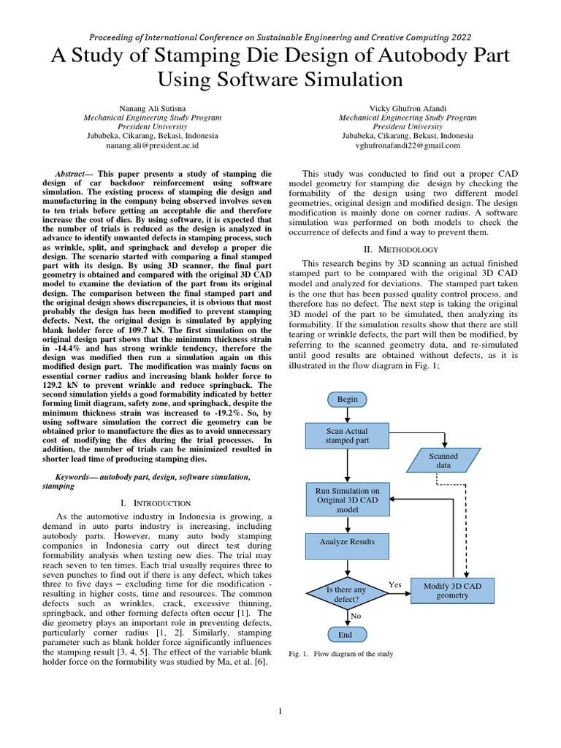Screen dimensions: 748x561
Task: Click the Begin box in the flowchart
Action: click(347, 400)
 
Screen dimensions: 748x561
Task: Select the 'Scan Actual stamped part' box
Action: click(347, 436)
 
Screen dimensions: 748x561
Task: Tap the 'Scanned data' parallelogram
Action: click(443, 460)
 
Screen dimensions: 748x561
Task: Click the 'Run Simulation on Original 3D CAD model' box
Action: click(347, 500)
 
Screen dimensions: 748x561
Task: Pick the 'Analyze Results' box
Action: click(347, 542)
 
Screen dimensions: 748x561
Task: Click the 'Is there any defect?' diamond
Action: click(347, 594)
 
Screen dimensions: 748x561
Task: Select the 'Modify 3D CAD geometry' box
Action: click(457, 590)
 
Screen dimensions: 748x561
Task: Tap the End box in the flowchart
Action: click(345, 634)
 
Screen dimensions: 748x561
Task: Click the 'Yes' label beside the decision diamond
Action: click(395, 584)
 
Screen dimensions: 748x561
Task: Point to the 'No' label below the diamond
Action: click(356, 616)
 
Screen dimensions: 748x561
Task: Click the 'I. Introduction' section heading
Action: click(156, 503)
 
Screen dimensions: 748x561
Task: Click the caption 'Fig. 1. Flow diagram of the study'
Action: click(341, 654)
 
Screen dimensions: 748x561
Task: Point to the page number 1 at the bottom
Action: click(280, 711)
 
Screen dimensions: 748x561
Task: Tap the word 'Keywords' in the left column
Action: click(76, 476)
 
